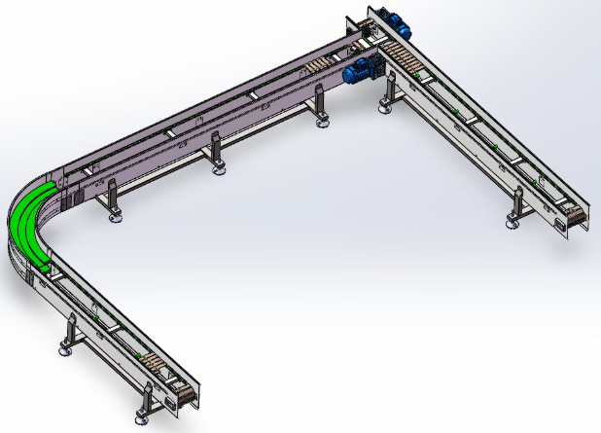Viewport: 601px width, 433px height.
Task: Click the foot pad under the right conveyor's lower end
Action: tap(513, 223)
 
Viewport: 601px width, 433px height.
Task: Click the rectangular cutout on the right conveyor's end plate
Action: tap(562, 226)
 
